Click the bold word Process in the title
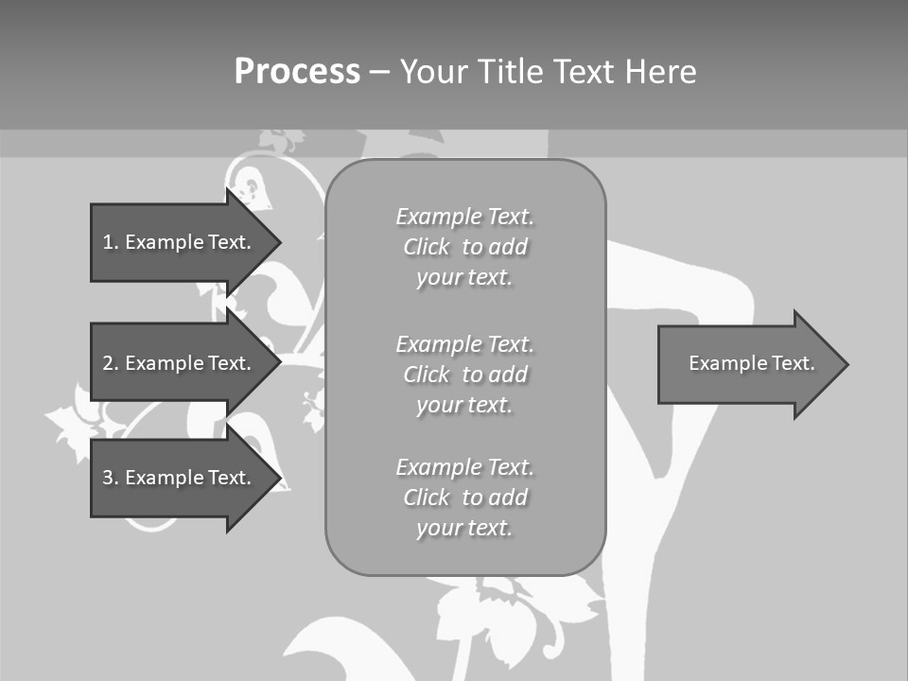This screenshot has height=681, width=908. point(297,72)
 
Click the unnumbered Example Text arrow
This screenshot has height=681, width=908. point(747,364)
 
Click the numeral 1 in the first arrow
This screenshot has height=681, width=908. point(107,242)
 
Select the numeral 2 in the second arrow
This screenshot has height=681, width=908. point(107,363)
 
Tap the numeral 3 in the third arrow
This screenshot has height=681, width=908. point(107,478)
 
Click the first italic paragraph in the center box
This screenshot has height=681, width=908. point(464,247)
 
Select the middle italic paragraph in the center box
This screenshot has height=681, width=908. point(464,375)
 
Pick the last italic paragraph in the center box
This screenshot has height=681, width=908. point(464,498)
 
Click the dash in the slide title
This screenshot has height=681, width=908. point(380,72)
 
